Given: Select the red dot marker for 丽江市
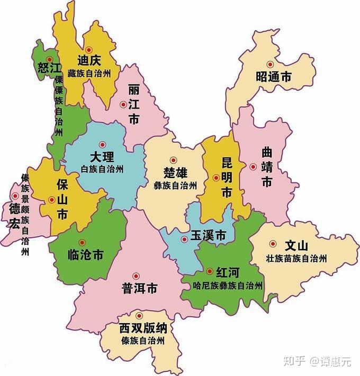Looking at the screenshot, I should click(123, 105).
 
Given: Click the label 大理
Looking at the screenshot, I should click(102, 157).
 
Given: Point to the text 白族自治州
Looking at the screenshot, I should click(102, 169).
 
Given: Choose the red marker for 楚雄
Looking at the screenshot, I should click(173, 160).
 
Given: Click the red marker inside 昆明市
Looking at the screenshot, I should click(216, 178).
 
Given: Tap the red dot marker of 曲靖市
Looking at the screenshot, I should click(253, 167).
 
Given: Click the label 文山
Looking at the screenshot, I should click(296, 246).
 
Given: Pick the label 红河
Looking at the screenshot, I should click(228, 272).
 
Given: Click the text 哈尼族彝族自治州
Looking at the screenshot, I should click(228, 286).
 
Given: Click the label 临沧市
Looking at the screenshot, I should click(86, 255).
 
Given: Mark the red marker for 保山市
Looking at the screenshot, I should click(51, 200).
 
